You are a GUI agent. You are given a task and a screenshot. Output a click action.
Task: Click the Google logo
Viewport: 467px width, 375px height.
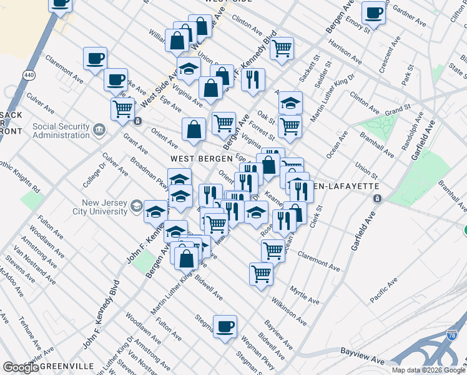20,367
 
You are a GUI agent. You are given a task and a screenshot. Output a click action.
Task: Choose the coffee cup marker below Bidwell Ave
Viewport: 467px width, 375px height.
225,326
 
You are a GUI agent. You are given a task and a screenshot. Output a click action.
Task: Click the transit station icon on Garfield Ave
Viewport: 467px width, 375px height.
378,199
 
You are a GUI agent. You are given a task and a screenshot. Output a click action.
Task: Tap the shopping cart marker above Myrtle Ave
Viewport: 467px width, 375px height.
261,272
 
